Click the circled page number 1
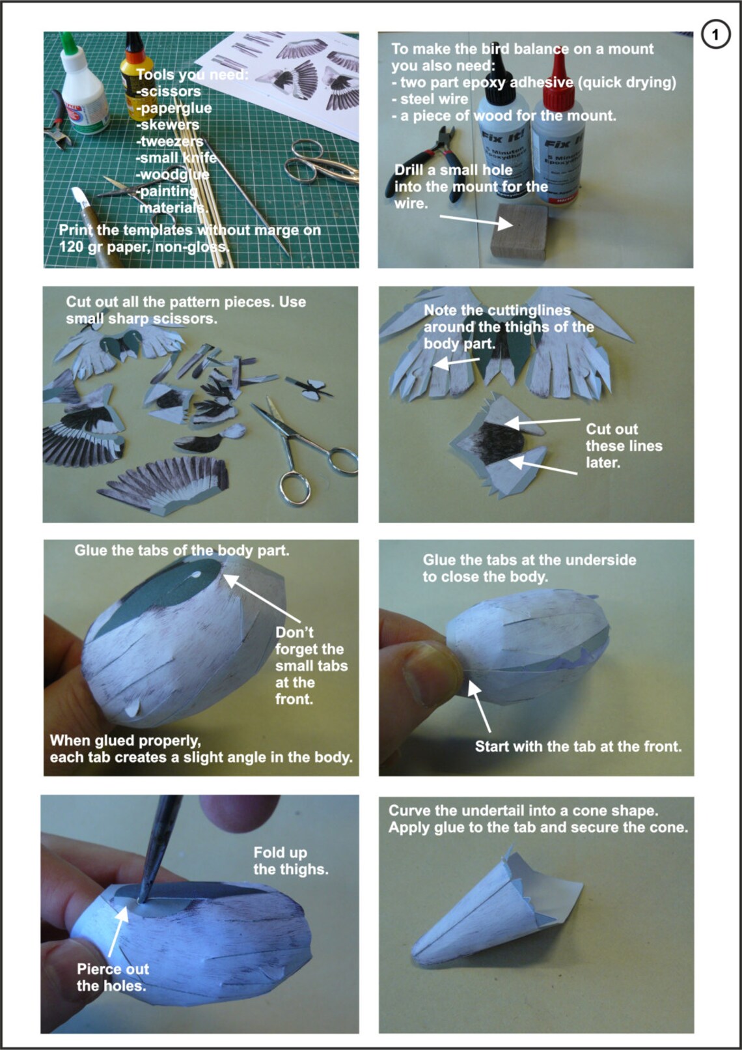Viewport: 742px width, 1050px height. [x=715, y=34]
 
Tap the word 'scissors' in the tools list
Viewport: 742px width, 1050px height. [x=171, y=92]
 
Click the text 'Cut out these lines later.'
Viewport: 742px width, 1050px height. [x=623, y=446]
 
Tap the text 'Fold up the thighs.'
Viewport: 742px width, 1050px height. [x=290, y=860]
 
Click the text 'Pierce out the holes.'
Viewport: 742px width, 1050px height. [x=112, y=977]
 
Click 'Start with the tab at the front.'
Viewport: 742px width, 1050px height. [x=577, y=746]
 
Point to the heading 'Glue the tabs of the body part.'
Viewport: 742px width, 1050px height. [x=182, y=550]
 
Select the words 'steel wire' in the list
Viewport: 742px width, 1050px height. [x=433, y=99]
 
